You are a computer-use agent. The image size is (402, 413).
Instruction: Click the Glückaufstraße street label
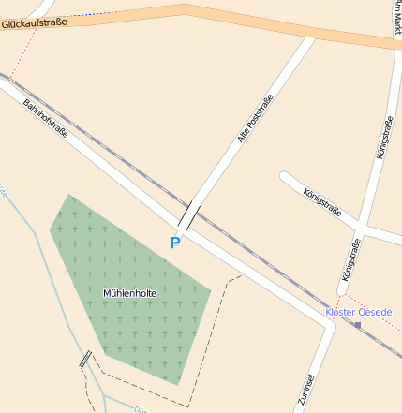[34, 23]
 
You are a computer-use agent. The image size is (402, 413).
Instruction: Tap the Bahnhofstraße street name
[45, 119]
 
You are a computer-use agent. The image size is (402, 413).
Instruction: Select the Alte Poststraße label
[255, 120]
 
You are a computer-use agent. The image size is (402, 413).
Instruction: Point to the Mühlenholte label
[129, 293]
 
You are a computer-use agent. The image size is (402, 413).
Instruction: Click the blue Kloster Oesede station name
[358, 312]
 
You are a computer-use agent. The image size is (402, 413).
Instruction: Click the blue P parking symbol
[174, 243]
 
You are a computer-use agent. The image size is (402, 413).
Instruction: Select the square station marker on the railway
[357, 325]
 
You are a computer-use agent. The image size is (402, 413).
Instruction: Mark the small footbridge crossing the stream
[85, 359]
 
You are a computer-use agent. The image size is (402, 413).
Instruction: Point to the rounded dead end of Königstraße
[285, 176]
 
